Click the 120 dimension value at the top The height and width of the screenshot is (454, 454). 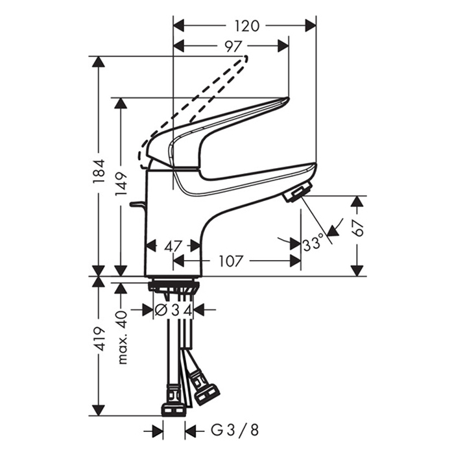(x=246, y=26)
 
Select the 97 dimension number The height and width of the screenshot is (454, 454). (x=233, y=46)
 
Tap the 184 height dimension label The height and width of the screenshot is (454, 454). (x=99, y=171)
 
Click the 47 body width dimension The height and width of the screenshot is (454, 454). (x=173, y=246)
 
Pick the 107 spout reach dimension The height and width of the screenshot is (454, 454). (x=230, y=261)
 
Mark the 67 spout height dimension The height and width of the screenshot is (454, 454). (x=358, y=228)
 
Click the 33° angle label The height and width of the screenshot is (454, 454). (x=313, y=243)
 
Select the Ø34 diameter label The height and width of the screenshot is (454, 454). (x=173, y=311)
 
